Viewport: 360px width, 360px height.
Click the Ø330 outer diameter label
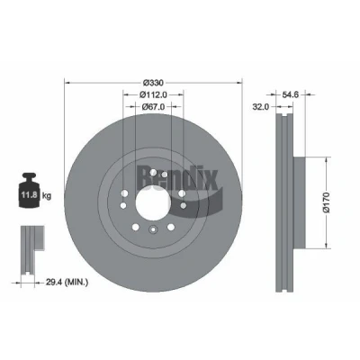153,83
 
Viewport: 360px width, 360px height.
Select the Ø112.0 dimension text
153,94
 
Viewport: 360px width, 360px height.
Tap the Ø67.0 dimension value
153,106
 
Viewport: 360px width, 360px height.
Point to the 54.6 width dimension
290,94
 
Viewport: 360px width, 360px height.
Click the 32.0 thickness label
261,107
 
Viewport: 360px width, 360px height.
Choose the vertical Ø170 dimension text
326,202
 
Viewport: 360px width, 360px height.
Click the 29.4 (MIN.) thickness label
67,282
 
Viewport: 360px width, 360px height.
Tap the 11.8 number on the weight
29,195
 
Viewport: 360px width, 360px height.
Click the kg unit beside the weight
47,196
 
